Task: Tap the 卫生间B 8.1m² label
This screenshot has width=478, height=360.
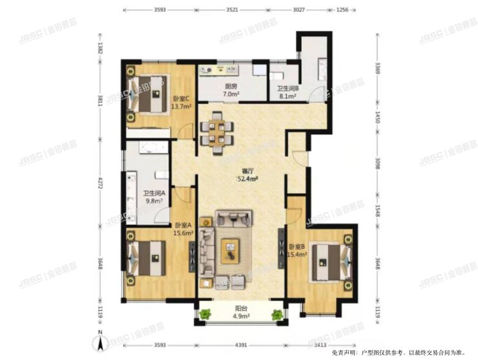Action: click(286, 92)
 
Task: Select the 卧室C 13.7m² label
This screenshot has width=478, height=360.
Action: click(180, 102)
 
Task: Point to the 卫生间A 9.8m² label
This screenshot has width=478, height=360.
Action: click(152, 196)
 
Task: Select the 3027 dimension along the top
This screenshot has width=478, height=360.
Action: click(298, 10)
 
